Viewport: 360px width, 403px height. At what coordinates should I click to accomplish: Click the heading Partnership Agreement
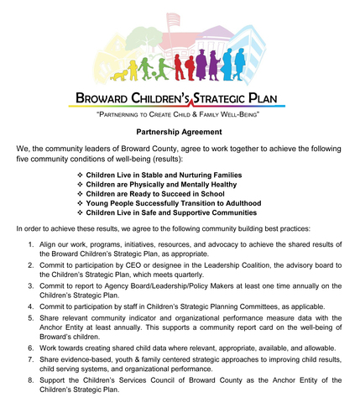[x=180, y=132]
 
